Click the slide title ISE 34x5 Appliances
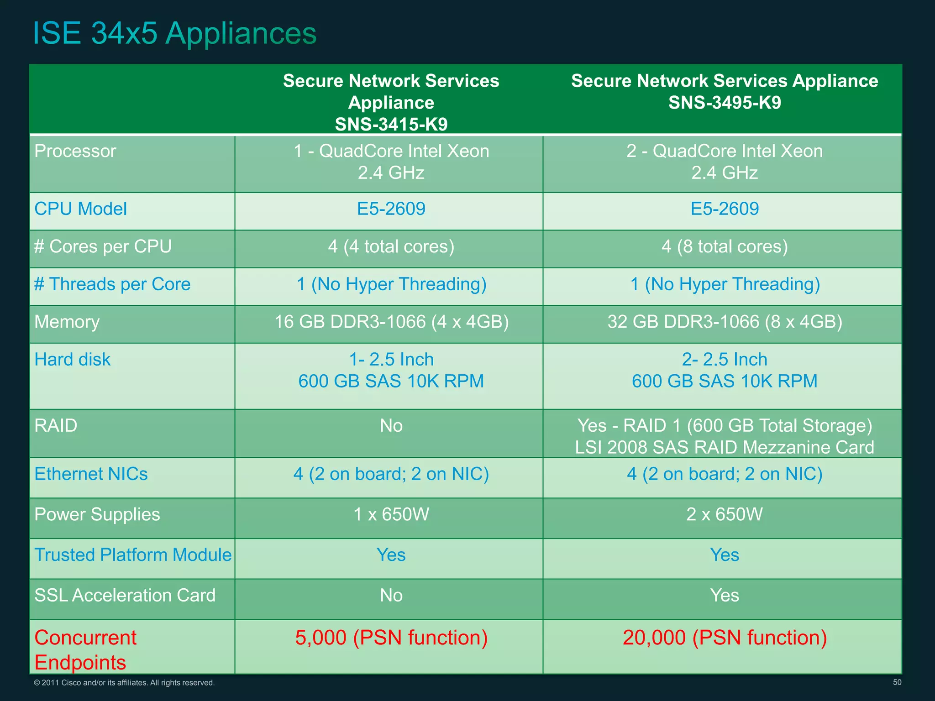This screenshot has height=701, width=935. tap(174, 33)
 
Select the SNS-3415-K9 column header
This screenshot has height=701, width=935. tap(391, 102)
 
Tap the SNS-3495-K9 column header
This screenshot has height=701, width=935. tap(725, 91)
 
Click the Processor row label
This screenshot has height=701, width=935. tap(75, 151)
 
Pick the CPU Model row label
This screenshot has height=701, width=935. tap(80, 209)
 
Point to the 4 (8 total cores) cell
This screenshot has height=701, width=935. tap(725, 246)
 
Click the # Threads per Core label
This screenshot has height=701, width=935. tap(112, 284)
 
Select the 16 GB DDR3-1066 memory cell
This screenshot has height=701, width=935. tap(391, 322)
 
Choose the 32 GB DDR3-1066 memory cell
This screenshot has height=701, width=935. tap(725, 322)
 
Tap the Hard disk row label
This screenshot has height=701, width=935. tap(72, 360)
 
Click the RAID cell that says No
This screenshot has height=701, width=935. tap(391, 426)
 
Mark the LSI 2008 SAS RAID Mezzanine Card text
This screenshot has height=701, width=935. tap(725, 447)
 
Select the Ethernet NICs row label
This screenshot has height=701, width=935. tap(91, 474)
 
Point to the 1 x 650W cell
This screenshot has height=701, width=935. tap(391, 514)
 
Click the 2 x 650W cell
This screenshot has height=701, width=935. tap(725, 514)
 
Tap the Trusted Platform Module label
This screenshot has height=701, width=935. tap(133, 555)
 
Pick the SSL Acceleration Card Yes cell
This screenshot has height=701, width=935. tap(725, 596)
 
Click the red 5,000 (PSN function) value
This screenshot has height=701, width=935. tap(391, 638)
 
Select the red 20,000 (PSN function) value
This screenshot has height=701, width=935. tap(725, 638)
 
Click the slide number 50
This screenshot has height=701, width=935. tap(897, 682)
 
